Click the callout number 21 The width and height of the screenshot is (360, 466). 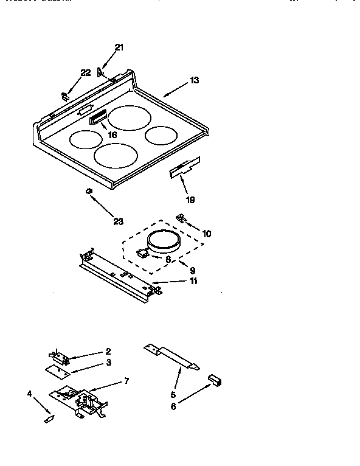click(119, 47)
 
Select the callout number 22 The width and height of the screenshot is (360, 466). click(86, 72)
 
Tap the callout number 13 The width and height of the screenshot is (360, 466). click(194, 80)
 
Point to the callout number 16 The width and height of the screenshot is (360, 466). click(112, 134)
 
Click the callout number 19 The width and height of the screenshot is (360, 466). click(191, 199)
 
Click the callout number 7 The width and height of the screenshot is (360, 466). click(126, 381)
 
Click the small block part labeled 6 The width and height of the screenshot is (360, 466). click(215, 380)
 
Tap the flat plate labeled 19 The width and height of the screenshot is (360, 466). click(184, 167)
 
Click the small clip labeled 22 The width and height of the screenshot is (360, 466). click(64, 95)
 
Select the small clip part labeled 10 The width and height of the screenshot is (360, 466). click(181, 218)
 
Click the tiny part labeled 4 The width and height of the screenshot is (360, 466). click(49, 419)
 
